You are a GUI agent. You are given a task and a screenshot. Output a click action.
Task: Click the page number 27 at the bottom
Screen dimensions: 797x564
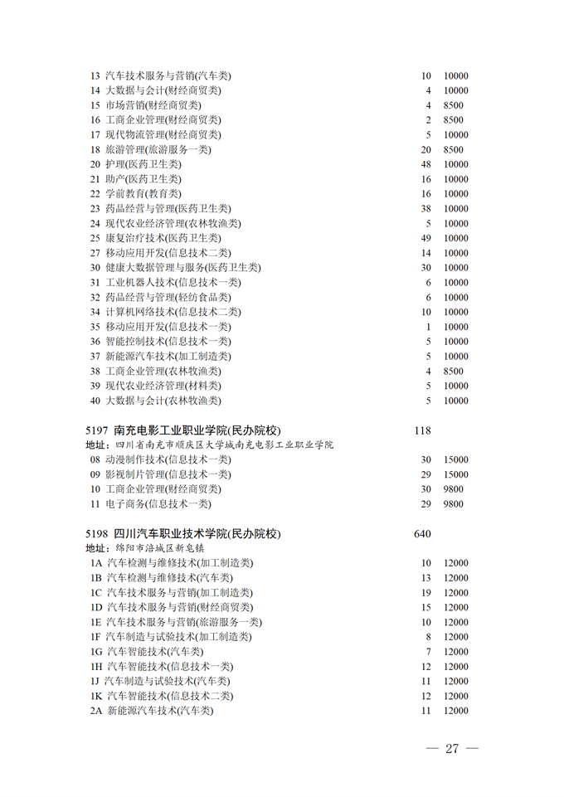[452, 748]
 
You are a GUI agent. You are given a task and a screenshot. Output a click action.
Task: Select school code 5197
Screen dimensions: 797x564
[98, 430]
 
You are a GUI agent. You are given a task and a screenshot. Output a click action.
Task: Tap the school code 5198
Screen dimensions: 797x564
[98, 533]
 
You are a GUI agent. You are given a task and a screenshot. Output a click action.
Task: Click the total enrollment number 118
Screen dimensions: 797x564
[422, 430]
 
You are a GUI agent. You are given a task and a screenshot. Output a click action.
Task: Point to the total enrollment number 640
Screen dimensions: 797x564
[422, 533]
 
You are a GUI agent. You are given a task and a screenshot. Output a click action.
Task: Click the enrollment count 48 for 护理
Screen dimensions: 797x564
[426, 164]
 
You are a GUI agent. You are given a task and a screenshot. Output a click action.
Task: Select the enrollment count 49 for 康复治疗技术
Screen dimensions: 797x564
[426, 238]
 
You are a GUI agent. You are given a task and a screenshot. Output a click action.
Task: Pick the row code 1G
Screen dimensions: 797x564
[96, 652]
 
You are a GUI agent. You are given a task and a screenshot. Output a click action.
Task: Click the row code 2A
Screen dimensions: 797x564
[96, 711]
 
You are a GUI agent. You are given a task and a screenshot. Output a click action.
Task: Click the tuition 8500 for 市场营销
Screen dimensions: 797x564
[454, 105]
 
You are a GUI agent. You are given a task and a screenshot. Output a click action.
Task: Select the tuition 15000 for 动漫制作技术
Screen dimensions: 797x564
[455, 459]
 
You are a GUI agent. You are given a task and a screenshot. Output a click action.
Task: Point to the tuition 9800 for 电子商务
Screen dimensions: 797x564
[454, 503]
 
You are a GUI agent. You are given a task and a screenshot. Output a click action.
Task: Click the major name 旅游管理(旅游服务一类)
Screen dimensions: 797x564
[158, 149]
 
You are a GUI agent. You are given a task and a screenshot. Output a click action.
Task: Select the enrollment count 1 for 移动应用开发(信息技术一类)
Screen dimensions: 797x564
[429, 327]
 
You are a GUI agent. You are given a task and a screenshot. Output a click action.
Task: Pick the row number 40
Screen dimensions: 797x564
[95, 401]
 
